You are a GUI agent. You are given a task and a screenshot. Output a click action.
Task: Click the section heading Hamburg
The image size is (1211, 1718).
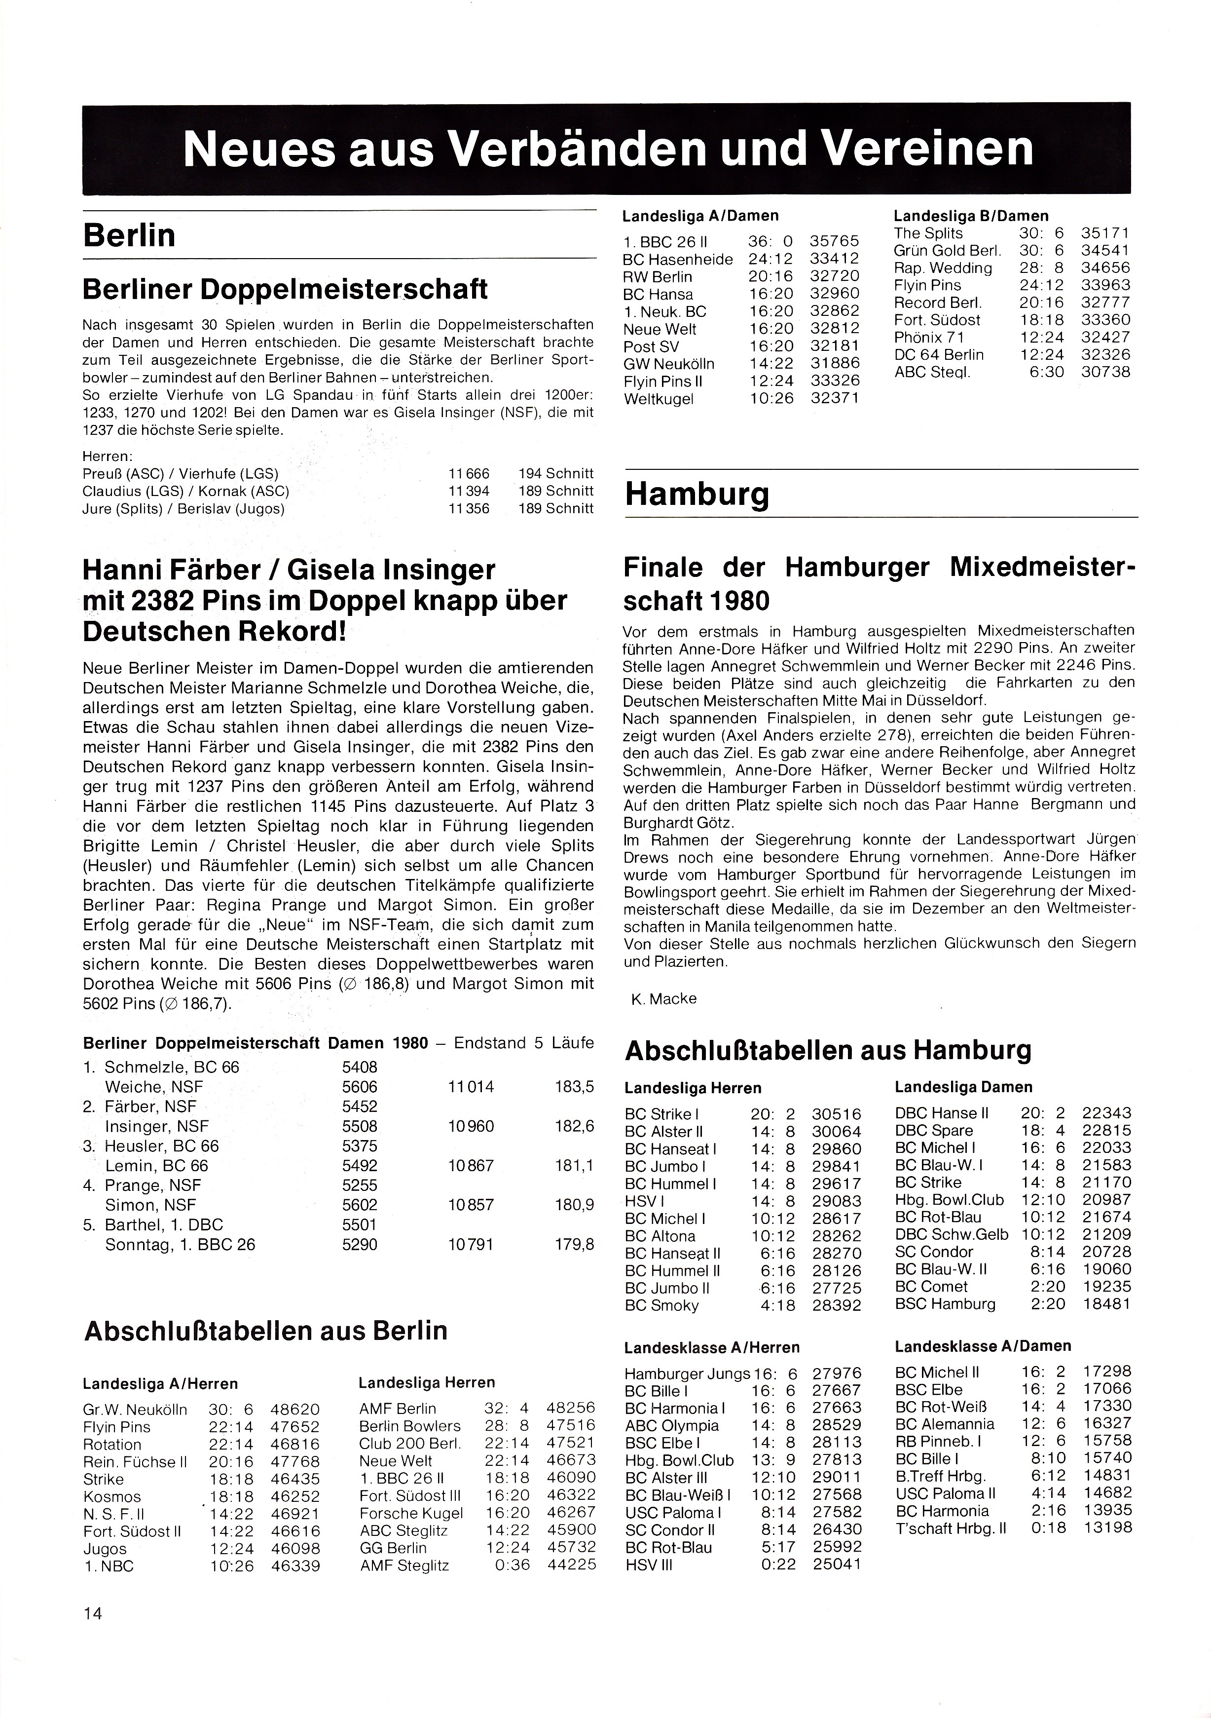point(697,495)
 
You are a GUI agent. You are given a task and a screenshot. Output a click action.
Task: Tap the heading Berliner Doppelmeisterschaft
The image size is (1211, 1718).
point(285,289)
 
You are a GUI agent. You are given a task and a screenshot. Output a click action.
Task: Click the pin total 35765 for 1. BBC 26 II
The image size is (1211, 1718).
point(835,242)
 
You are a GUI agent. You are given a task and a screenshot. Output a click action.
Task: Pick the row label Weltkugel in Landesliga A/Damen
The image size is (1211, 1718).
point(659,399)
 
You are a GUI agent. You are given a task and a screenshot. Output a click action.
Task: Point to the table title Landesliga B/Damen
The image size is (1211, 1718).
point(971,216)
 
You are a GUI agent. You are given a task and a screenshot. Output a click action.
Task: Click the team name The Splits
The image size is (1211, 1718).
point(928,233)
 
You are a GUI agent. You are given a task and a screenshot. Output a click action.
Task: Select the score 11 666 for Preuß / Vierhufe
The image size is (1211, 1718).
point(469,474)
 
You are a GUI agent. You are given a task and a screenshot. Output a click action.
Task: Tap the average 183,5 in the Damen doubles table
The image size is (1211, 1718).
point(575,1086)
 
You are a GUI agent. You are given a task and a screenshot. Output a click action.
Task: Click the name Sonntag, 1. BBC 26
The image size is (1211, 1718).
point(180,1244)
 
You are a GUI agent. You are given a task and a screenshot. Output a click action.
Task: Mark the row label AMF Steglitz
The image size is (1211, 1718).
point(404,1565)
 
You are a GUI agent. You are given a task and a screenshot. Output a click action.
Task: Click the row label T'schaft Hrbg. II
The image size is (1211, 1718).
point(950,1528)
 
